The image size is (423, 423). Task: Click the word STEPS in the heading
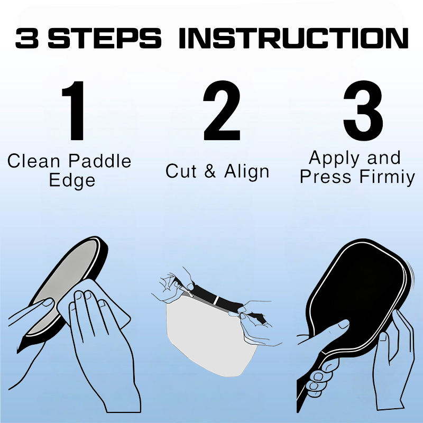point(104,38)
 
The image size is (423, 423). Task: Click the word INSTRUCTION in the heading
point(293,38)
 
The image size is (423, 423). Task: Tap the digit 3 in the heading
point(27,38)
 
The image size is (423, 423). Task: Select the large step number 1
point(73,111)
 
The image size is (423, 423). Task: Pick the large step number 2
point(222,111)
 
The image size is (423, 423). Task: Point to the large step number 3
point(363,111)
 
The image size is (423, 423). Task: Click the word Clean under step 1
point(33,161)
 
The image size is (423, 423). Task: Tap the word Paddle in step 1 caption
point(100,161)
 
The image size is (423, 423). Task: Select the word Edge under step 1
point(72,180)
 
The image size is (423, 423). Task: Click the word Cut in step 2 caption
point(181,171)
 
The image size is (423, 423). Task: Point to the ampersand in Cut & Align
point(210,171)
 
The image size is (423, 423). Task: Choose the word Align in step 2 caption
point(246,172)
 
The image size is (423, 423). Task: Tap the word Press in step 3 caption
point(326,177)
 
